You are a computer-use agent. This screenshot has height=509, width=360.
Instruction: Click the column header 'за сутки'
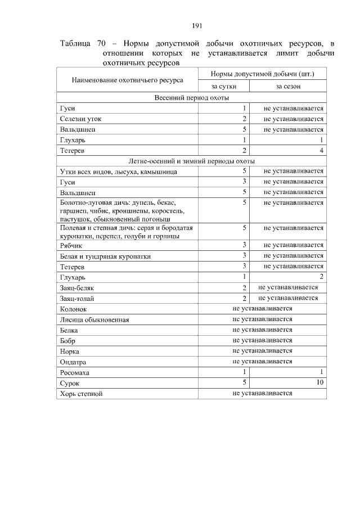coord(223,86)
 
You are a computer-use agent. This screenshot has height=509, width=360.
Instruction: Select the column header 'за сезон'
coord(287,86)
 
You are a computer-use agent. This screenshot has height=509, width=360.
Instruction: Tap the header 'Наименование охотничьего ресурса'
coord(128,80)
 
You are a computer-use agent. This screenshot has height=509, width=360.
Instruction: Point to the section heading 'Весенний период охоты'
coord(192,97)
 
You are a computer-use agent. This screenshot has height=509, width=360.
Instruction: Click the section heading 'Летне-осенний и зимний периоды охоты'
coord(192,161)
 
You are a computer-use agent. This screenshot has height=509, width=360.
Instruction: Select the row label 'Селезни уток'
coord(81,119)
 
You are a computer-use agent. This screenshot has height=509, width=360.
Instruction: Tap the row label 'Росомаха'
coord(75,373)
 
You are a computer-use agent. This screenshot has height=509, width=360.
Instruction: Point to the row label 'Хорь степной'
coord(82,394)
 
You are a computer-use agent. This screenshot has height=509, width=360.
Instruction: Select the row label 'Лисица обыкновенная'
coord(94,320)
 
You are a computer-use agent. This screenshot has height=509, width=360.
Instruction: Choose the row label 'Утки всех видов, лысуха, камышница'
coord(119,172)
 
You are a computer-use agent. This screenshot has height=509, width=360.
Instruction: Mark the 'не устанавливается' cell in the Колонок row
coord(262,309)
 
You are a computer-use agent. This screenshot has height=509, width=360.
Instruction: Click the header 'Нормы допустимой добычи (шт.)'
coord(262,74)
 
